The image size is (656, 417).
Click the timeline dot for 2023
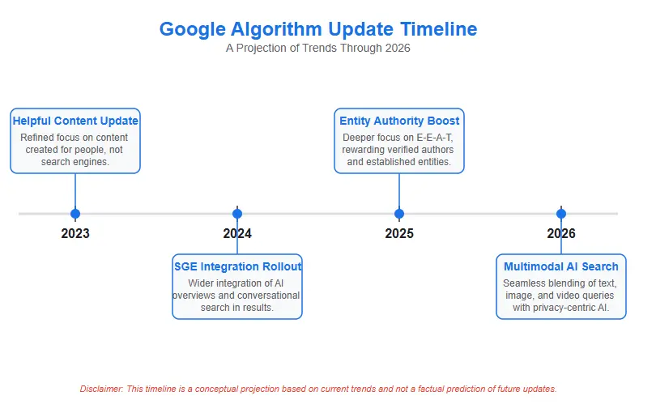(75, 214)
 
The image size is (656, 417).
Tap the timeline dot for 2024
(237, 214)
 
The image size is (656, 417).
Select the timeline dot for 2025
(399, 214)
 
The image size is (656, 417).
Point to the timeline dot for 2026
(561, 214)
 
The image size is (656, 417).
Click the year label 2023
(75, 234)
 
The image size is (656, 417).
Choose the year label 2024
(237, 234)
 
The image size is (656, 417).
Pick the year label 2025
(399, 234)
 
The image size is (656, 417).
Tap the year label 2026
(561, 234)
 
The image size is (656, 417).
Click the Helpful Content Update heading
(75, 121)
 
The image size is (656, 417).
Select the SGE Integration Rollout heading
(237, 266)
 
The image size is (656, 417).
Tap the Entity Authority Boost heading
(399, 121)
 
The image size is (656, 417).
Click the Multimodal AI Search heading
(561, 266)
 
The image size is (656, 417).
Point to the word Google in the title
(190, 29)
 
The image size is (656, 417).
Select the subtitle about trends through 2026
(318, 48)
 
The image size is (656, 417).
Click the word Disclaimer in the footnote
(100, 389)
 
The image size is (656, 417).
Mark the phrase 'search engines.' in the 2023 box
(75, 162)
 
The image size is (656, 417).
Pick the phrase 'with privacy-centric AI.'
(561, 308)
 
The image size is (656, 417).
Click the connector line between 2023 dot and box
(75, 191)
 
